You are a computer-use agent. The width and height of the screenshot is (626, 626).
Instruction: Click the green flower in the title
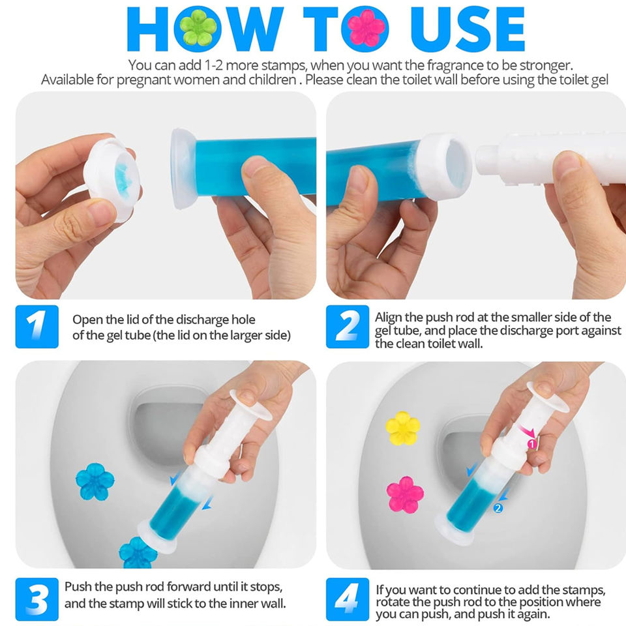click(198, 28)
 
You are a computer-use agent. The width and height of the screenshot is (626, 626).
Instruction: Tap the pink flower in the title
click(366, 28)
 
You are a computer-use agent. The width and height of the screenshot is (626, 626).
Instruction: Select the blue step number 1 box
click(37, 327)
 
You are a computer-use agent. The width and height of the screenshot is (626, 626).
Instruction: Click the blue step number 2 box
click(348, 327)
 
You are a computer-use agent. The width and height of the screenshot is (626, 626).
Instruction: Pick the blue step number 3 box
click(37, 599)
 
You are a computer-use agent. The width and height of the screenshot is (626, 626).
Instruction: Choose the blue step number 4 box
click(348, 599)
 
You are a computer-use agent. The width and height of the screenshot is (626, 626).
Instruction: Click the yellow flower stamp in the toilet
click(402, 428)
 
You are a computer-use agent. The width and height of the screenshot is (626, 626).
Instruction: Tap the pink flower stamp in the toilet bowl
click(405, 494)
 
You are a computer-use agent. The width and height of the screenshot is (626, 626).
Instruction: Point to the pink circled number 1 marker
click(531, 444)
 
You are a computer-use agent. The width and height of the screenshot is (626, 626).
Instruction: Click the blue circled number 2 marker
click(498, 508)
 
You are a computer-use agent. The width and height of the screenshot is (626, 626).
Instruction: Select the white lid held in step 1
click(112, 180)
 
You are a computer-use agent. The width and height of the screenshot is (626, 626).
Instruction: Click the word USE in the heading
click(468, 29)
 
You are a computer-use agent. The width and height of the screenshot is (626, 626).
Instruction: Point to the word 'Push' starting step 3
click(78, 587)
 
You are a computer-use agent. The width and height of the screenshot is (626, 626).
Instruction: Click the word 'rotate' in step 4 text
click(393, 602)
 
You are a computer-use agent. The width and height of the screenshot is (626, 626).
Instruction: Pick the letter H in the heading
click(147, 29)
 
